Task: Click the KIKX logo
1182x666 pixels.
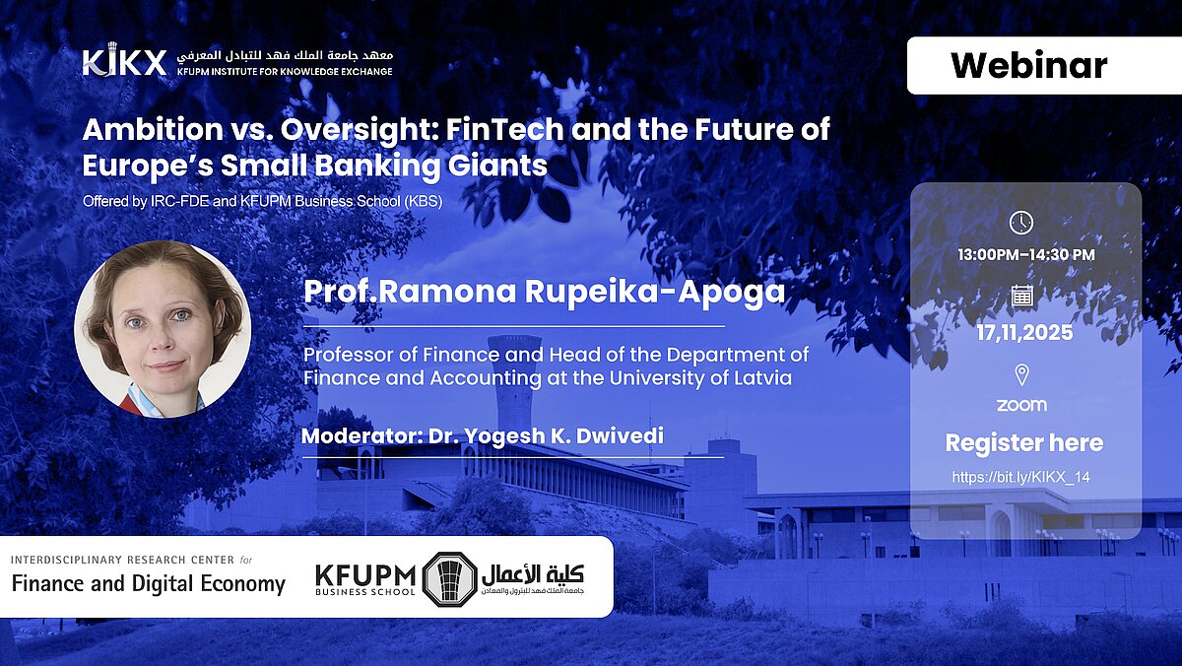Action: click(x=124, y=60)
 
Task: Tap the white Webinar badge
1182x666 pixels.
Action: click(x=1044, y=65)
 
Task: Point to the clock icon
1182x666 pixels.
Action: click(x=1021, y=223)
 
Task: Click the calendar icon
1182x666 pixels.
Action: click(x=1021, y=296)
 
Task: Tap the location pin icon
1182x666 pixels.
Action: click(x=1021, y=374)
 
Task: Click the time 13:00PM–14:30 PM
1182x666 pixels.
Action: click(x=1025, y=255)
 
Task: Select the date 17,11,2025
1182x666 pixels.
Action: click(x=1024, y=332)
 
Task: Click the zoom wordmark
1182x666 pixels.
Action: click(x=1021, y=405)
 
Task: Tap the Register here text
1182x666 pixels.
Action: click(x=1023, y=442)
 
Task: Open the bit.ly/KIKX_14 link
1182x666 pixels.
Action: click(x=1020, y=477)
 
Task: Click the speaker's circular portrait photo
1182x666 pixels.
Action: click(x=164, y=329)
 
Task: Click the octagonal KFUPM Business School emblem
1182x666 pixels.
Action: click(x=449, y=579)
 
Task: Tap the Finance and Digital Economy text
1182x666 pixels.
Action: click(x=149, y=584)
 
